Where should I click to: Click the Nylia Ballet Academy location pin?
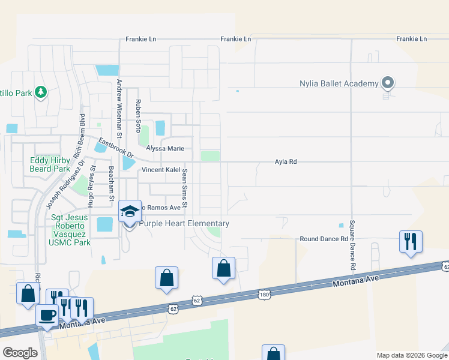pyautogui.click(x=388, y=84)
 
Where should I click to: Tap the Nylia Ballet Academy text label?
pyautogui.click(x=339, y=83)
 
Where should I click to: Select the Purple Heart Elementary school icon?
pyautogui.click(x=130, y=211)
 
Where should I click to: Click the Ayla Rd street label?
pyautogui.click(x=286, y=162)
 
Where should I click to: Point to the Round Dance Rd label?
pyautogui.click(x=324, y=239)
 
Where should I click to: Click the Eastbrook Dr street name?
pyautogui.click(x=113, y=148)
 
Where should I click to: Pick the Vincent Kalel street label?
pyautogui.click(x=160, y=170)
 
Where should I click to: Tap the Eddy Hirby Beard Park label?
pyautogui.click(x=50, y=165)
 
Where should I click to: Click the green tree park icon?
pyautogui.click(x=41, y=92)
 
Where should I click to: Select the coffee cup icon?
pyautogui.click(x=47, y=314)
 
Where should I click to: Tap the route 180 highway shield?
pyautogui.click(x=265, y=294)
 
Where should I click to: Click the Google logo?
pyautogui.click(x=20, y=353)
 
